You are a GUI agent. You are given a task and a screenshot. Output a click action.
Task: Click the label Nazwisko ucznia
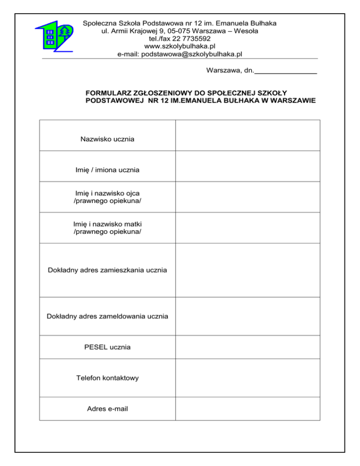(x=107, y=139)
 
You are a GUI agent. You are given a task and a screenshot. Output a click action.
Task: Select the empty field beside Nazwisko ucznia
(x=247, y=135)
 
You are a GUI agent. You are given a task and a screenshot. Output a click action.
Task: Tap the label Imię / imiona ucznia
(x=107, y=170)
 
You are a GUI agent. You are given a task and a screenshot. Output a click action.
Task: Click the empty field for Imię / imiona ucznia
(x=247, y=166)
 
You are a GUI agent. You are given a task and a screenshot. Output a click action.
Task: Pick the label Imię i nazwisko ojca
(x=107, y=193)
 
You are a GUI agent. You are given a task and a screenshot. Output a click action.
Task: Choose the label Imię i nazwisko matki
(x=107, y=224)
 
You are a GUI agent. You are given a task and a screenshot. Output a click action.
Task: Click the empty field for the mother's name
(x=247, y=228)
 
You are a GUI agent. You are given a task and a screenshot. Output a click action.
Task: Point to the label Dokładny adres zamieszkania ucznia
(x=107, y=270)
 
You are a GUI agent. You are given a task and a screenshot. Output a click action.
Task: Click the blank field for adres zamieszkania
(x=247, y=270)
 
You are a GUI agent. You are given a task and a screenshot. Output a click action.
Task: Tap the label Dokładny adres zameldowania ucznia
(x=107, y=316)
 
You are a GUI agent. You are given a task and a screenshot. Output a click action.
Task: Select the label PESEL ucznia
(x=107, y=347)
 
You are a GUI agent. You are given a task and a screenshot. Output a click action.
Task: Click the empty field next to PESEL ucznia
(x=247, y=347)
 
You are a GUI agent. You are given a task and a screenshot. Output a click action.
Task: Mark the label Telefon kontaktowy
(x=107, y=378)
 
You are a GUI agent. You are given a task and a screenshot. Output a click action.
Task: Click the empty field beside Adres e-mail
(x=247, y=409)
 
